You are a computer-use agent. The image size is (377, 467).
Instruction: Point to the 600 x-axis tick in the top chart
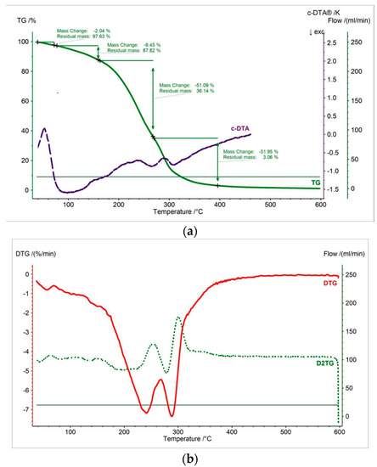(x=320, y=205)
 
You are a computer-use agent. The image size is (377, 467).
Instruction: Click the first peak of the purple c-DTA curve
(x=44, y=129)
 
